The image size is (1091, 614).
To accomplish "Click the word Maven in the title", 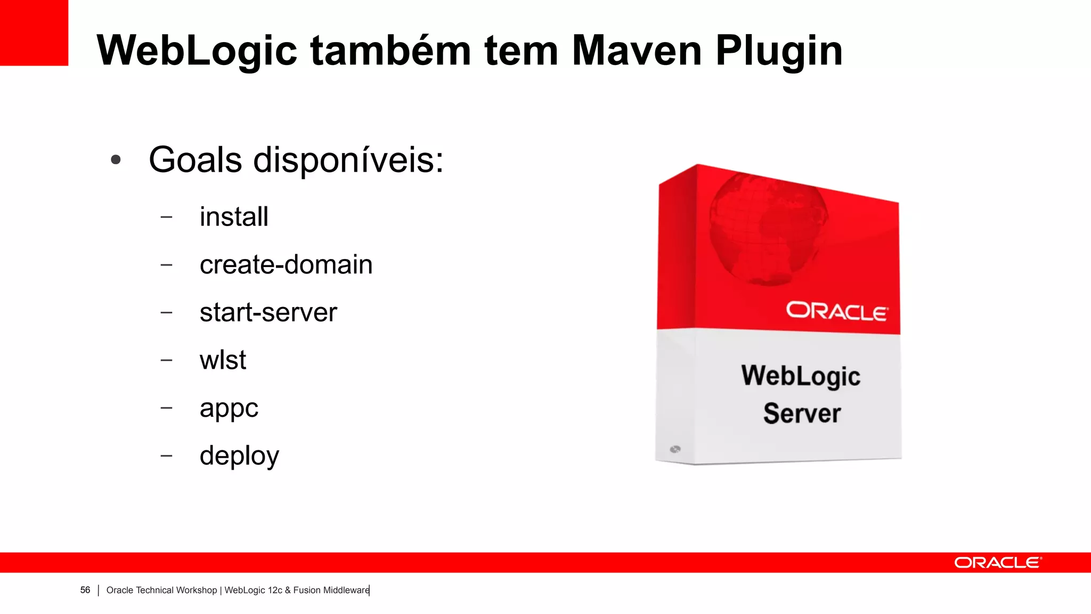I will pyautogui.click(x=636, y=51).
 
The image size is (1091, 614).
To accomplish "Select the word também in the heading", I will pyautogui.click(x=390, y=51).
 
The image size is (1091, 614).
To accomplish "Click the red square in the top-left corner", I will pyautogui.click(x=34, y=33).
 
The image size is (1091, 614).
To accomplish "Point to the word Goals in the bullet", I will pyautogui.click(x=195, y=160).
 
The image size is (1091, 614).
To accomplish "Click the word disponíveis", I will pyautogui.click(x=348, y=160).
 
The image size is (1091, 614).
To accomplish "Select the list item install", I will pyautogui.click(x=234, y=217).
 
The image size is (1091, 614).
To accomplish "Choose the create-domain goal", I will pyautogui.click(x=286, y=265).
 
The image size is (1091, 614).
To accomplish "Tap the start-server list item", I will pyautogui.click(x=268, y=312).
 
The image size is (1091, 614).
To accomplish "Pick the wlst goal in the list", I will pyautogui.click(x=223, y=360).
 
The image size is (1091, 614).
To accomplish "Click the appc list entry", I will pyautogui.click(x=229, y=409).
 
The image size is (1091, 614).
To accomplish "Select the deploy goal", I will pyautogui.click(x=239, y=456).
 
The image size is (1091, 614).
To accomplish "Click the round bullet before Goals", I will pyautogui.click(x=116, y=160).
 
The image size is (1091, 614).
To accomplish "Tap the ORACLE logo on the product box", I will pyautogui.click(x=836, y=311).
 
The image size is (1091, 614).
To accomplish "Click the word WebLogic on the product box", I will pyautogui.click(x=801, y=376).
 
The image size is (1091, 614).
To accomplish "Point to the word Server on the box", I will pyautogui.click(x=802, y=414).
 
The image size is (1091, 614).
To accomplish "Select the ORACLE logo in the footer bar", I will pyautogui.click(x=997, y=563).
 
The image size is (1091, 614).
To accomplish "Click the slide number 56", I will pyautogui.click(x=85, y=590).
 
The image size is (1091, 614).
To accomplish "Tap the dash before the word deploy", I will pyautogui.click(x=166, y=456).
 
